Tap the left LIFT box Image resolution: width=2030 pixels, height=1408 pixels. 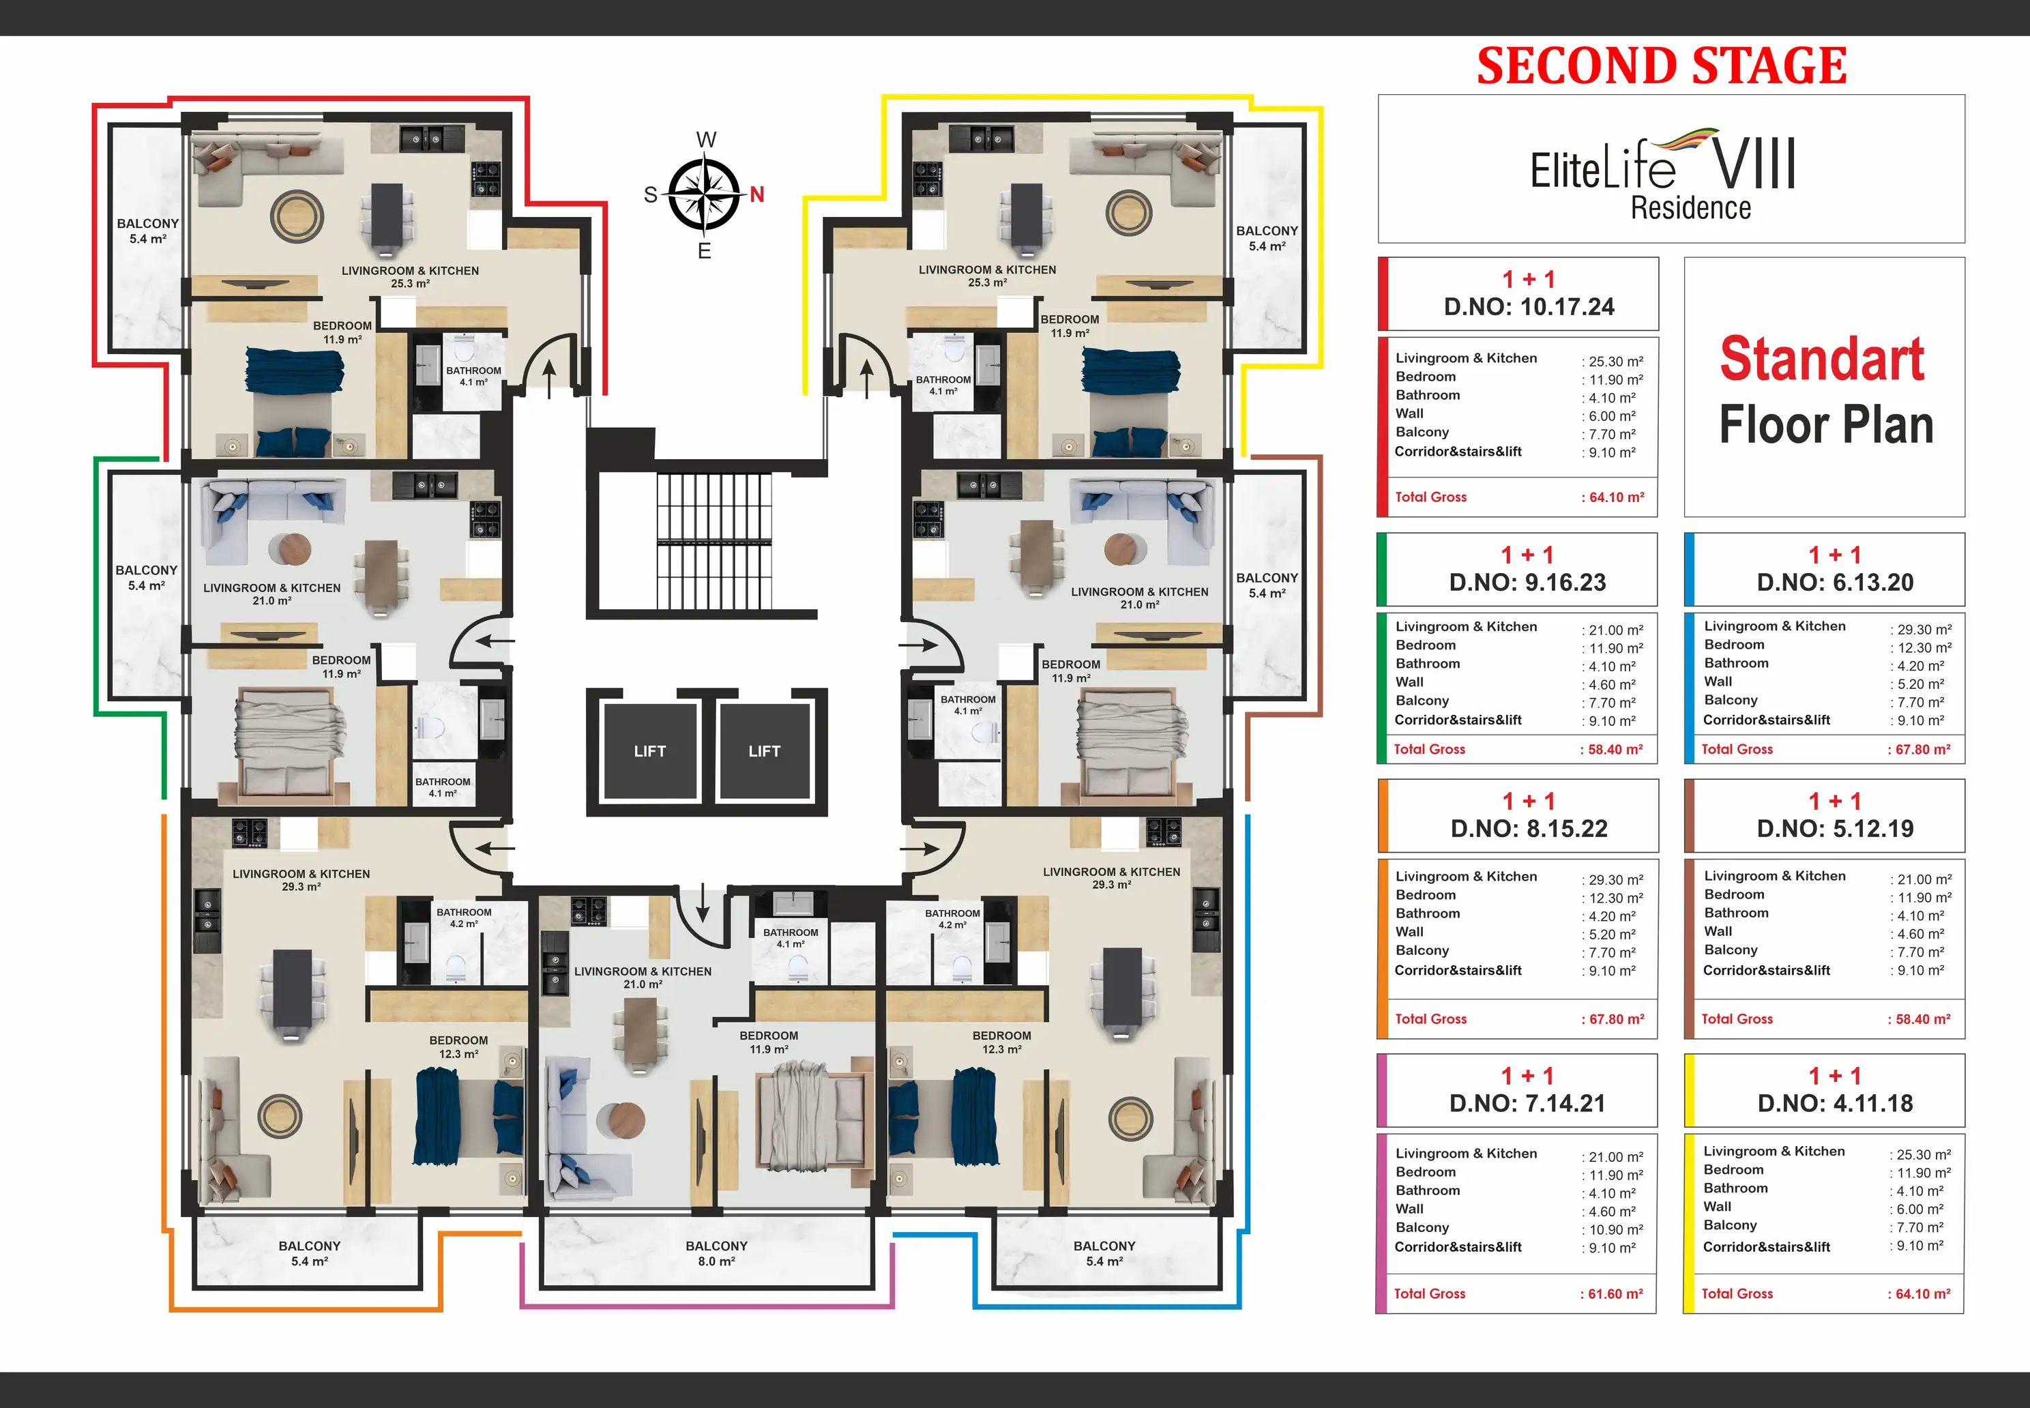tap(650, 751)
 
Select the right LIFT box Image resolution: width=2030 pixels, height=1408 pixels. tap(764, 751)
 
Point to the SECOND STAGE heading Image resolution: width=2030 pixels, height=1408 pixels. tap(1662, 66)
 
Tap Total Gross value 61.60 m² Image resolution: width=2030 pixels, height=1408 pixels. tap(1612, 1294)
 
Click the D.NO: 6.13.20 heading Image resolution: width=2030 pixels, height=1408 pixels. tap(1835, 583)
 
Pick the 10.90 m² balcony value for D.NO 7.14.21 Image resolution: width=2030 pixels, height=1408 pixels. tap(1613, 1230)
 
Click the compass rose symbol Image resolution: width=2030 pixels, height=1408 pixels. tap(703, 194)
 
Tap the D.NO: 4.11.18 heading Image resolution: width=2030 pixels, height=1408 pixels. tap(1835, 1104)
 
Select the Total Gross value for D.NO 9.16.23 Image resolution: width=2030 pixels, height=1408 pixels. tap(1612, 750)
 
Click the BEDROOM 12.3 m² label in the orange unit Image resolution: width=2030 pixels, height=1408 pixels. tap(459, 1047)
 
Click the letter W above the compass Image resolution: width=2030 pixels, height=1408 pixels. tap(706, 139)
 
